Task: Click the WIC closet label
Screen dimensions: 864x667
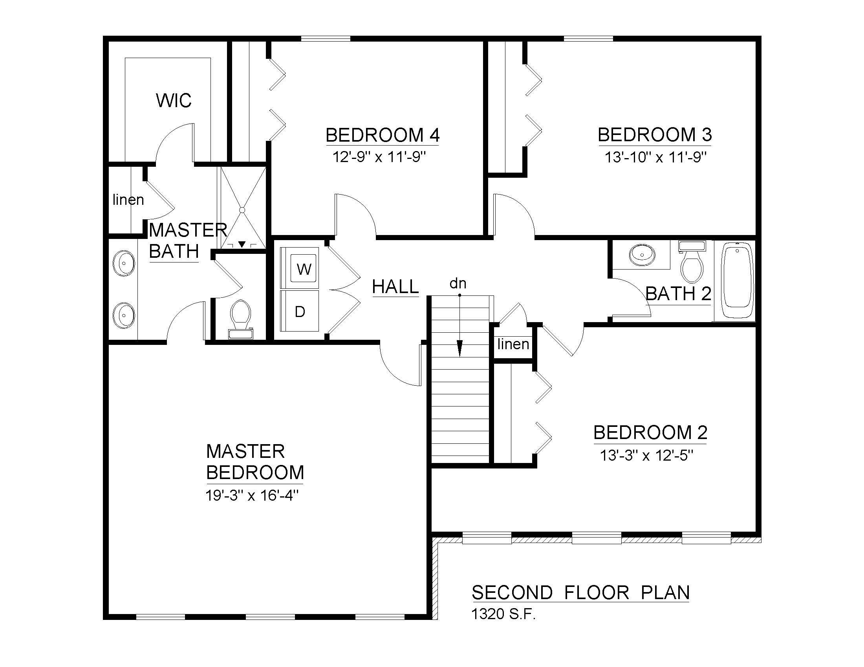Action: point(174,100)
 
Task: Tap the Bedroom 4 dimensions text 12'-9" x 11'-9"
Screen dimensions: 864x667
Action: point(379,157)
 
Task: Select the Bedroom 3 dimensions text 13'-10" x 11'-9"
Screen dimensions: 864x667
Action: point(655,157)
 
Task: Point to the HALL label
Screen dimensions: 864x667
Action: point(395,286)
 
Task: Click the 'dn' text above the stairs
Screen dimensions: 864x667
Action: point(458,283)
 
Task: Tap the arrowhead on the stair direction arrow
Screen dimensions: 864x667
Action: point(459,348)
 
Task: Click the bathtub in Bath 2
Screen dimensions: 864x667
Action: point(738,280)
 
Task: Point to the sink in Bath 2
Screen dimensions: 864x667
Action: point(642,255)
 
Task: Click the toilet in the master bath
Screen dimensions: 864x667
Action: point(241,319)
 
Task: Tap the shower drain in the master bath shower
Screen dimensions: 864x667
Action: point(242,210)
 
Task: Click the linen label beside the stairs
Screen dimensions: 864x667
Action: point(513,344)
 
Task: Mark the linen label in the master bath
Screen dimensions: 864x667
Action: point(128,200)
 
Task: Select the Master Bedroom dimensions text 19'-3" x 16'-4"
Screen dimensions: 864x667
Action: point(252,495)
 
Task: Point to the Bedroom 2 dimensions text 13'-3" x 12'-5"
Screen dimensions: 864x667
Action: point(647,456)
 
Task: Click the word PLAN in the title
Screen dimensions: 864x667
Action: point(665,593)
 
